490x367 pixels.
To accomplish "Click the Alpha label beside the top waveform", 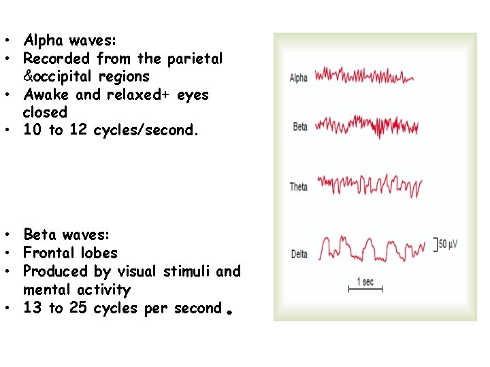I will pyautogui.click(x=299, y=77).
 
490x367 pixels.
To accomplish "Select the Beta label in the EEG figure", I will pyautogui.click(x=299, y=127).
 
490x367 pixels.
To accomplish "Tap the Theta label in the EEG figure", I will pyautogui.click(x=299, y=186).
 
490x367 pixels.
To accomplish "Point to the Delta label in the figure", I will pyautogui.click(x=299, y=254).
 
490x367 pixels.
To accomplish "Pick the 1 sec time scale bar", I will pyautogui.click(x=365, y=288).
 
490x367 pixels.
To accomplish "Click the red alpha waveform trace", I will pyautogui.click(x=363, y=75).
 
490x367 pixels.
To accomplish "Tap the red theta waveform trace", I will pyautogui.click(x=369, y=185).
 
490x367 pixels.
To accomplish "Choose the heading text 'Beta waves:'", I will pyautogui.click(x=66, y=235).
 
